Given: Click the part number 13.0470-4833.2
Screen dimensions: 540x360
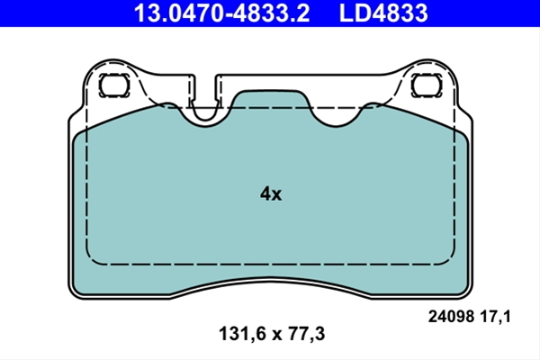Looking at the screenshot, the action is [221, 13].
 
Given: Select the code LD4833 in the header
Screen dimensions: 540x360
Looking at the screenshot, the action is [383, 13].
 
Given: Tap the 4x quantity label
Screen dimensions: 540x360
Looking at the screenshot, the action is [271, 194].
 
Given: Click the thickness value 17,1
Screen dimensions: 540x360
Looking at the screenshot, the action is [495, 317].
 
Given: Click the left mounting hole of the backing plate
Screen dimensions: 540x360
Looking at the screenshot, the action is [114, 85].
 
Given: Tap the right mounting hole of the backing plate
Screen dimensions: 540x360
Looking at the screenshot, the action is [427, 85].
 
